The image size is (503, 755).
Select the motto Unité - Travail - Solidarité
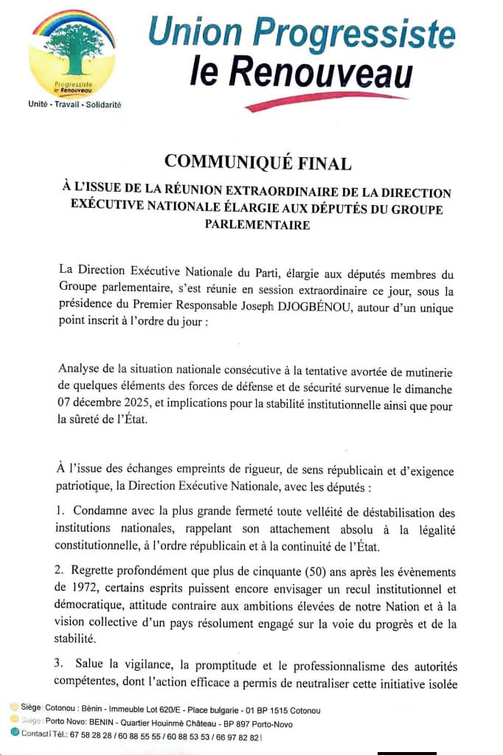(x=74, y=105)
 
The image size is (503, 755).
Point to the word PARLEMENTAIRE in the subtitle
(x=257, y=225)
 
